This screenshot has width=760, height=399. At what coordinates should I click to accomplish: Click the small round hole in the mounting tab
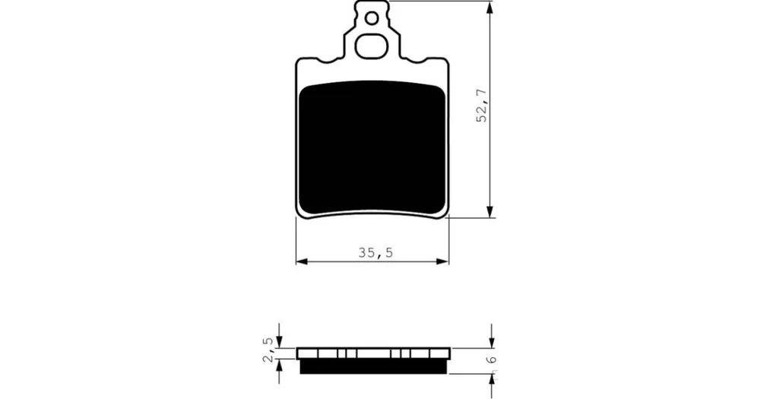372,18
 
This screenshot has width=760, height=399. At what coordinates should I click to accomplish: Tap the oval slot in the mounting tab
372,46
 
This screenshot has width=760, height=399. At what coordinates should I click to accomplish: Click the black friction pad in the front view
372,148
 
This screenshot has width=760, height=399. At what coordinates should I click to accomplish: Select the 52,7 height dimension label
482,105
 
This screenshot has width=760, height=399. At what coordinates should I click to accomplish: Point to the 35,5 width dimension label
375,252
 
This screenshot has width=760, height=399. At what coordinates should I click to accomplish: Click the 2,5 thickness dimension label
269,350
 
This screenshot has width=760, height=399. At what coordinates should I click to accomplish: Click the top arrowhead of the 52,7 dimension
490,7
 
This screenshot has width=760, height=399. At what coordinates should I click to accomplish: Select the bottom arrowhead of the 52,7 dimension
490,211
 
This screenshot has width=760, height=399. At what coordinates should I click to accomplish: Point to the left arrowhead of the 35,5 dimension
302,261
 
